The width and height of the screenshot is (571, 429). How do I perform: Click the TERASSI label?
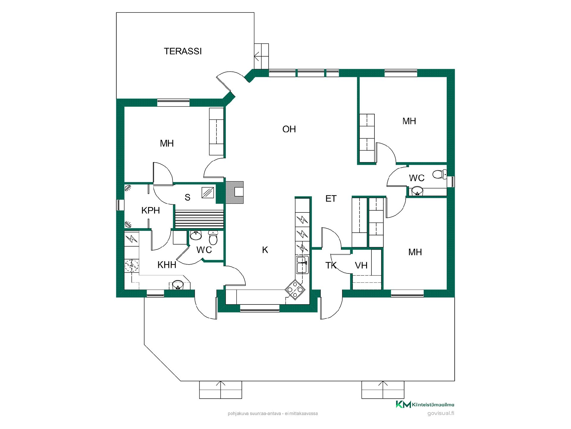click(183, 51)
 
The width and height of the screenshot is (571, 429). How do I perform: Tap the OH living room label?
click(289, 129)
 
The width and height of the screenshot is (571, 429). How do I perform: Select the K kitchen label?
click(265, 250)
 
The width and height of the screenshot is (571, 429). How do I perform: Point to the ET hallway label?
click(331, 199)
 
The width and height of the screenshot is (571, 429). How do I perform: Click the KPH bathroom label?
click(150, 210)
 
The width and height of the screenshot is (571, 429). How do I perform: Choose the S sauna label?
click(187, 198)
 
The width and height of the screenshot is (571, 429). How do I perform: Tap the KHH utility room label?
click(167, 265)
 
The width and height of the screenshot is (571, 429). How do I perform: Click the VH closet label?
click(361, 265)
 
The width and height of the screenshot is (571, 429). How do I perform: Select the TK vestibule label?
click(331, 265)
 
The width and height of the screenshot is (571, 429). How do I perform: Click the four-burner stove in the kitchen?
click(295, 290)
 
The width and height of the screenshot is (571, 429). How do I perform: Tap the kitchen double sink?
click(302, 264)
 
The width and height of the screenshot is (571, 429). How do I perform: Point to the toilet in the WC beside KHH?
click(213, 237)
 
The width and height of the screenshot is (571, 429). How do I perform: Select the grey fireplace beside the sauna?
click(234, 193)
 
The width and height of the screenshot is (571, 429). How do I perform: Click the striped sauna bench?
click(199, 219)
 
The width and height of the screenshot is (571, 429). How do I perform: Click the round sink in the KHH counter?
click(178, 285)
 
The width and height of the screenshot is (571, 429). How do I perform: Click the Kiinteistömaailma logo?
click(425, 404)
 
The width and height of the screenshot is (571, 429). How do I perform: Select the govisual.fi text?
click(441, 413)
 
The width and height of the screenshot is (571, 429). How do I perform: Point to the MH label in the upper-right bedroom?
click(409, 121)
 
